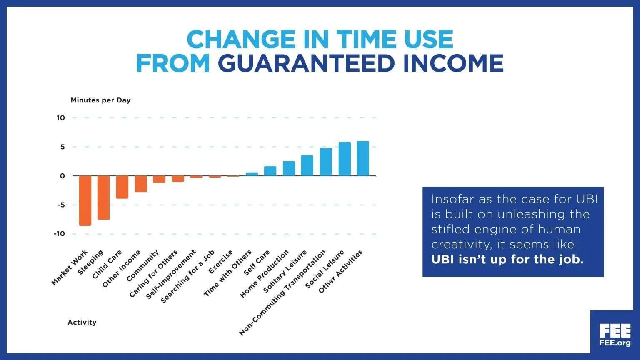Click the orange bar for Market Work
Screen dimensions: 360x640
(x=85, y=200)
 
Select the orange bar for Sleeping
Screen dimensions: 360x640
(x=103, y=197)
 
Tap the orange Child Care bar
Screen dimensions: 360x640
(x=122, y=187)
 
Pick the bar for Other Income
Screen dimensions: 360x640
(x=141, y=184)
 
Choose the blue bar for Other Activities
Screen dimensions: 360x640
(x=363, y=158)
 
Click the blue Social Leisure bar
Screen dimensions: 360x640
(x=345, y=159)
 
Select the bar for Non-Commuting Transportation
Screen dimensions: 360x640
(x=326, y=162)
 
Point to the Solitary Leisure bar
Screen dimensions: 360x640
(x=307, y=165)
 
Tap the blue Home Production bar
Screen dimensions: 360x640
(x=289, y=168)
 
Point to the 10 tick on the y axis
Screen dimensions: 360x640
(x=61, y=118)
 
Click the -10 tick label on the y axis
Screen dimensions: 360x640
(x=60, y=234)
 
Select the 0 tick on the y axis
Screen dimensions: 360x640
(x=62, y=176)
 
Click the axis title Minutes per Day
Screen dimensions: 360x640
(x=100, y=100)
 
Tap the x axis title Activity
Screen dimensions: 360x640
(x=82, y=322)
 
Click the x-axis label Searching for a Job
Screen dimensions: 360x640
(x=188, y=276)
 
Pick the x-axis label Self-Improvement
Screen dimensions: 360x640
(x=171, y=274)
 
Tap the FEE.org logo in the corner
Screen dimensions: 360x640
(x=615, y=335)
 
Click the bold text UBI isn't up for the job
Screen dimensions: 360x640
(x=507, y=260)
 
